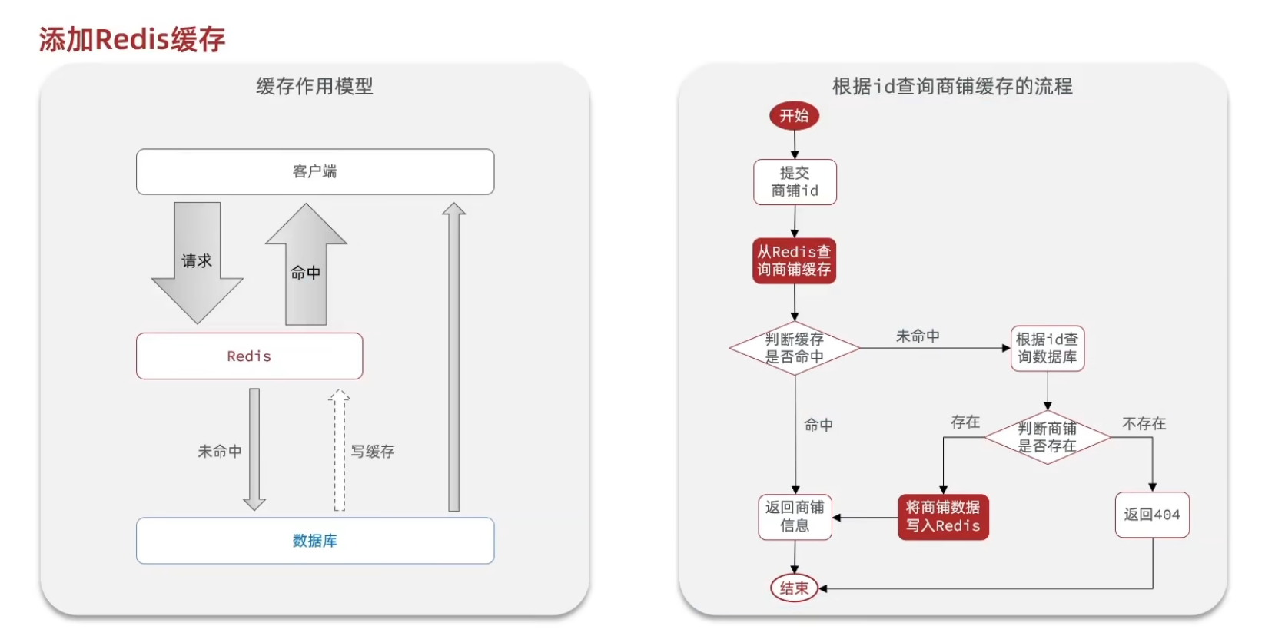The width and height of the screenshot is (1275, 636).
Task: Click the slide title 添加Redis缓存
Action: coord(131,40)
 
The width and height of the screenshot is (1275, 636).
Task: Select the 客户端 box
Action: coord(315,171)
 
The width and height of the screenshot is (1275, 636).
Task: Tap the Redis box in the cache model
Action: coord(249,356)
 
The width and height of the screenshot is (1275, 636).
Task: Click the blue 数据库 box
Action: coord(315,541)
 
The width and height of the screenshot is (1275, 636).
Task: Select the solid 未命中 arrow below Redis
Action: coord(254,450)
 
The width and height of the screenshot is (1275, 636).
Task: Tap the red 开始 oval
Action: coord(794,116)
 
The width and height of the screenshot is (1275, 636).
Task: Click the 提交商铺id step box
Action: coord(795,182)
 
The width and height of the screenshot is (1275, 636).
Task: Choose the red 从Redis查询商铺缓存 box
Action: coord(794,260)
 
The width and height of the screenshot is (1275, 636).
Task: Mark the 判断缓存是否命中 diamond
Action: coord(794,348)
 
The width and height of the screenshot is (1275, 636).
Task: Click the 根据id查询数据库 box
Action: coord(1047,348)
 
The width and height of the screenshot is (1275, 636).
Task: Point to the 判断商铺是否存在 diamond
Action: coord(1047,437)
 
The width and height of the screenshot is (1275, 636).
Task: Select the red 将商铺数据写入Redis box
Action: coord(943,517)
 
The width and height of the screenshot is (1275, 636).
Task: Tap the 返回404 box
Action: coord(1151,515)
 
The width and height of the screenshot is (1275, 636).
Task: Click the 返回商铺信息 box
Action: coord(795,517)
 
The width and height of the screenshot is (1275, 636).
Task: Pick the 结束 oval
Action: coord(794,588)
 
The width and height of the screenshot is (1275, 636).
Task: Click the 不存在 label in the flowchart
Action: coord(1144,423)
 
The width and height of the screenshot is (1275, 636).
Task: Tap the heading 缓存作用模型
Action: coord(314,86)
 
